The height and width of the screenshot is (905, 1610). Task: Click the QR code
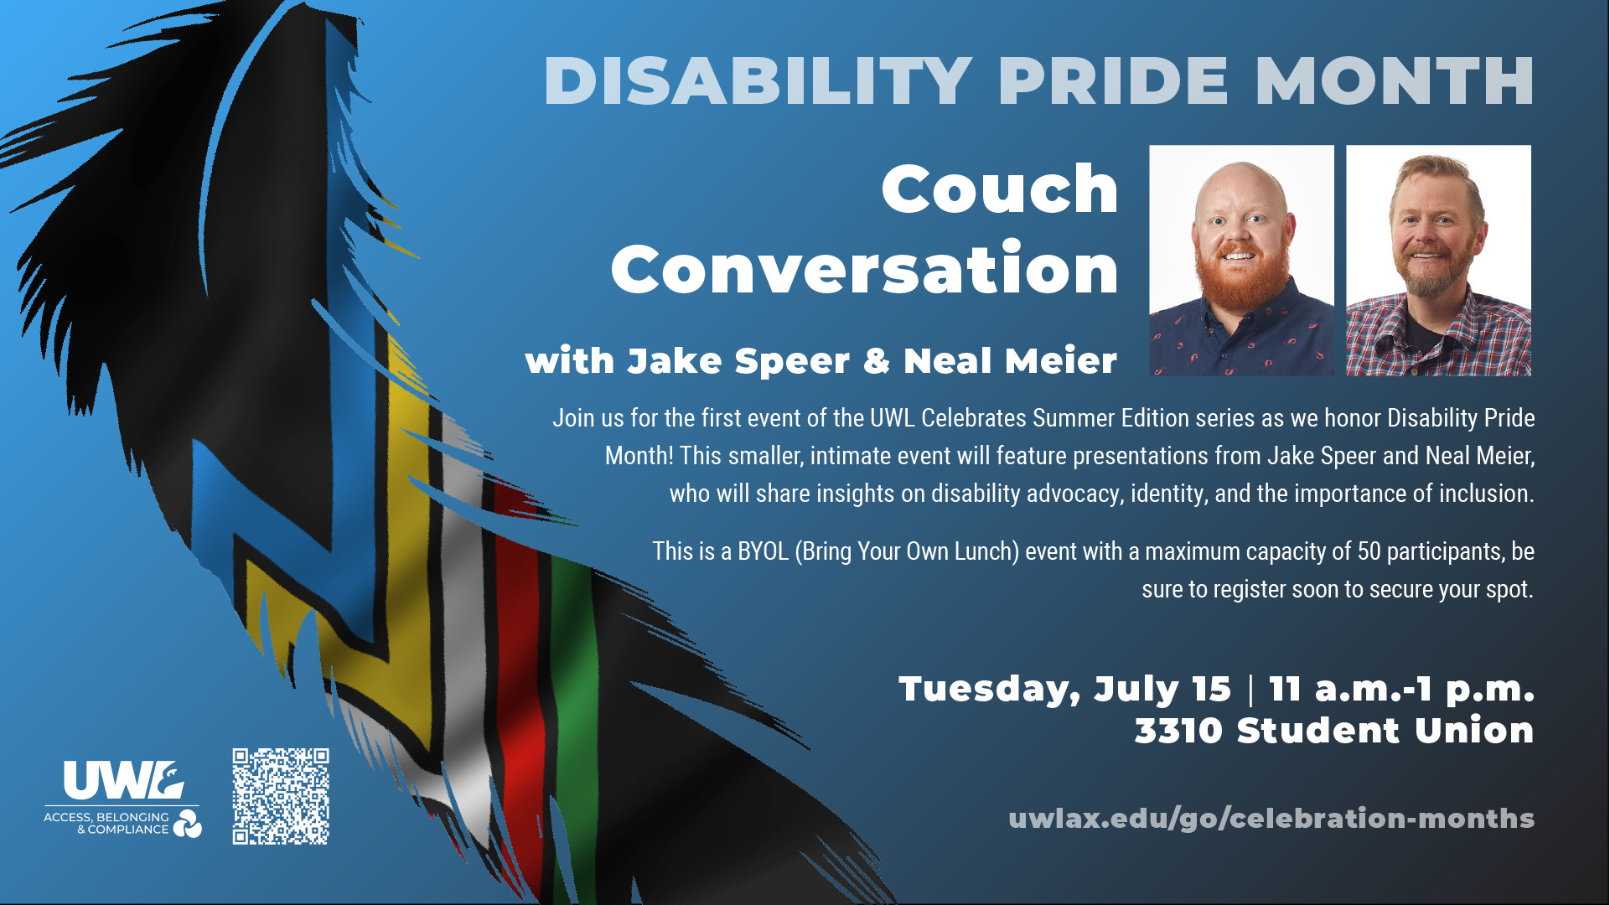pos(281,796)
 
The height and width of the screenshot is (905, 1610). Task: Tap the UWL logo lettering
pos(124,781)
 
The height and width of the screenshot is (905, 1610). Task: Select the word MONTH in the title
pos(1395,81)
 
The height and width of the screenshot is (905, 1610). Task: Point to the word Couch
pos(1000,189)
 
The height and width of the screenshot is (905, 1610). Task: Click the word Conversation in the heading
pos(865,268)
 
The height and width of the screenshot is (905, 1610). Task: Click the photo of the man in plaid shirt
pos(1438,261)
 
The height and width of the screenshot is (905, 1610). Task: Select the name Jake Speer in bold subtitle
pos(738,361)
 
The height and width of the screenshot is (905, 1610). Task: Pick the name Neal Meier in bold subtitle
pos(1010,361)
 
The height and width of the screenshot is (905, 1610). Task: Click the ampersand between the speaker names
pos(876,361)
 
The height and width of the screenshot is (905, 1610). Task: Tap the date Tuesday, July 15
pos(1065,690)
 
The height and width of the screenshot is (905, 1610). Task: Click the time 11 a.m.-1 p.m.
pos(1401,689)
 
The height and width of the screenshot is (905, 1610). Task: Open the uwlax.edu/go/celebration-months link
pos(1271,819)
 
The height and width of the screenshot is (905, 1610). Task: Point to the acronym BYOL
pos(763,551)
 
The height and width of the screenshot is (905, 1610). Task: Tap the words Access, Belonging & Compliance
pos(106,823)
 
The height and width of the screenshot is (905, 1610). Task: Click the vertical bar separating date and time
pos(1250,690)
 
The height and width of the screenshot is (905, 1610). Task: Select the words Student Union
pos(1385,731)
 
